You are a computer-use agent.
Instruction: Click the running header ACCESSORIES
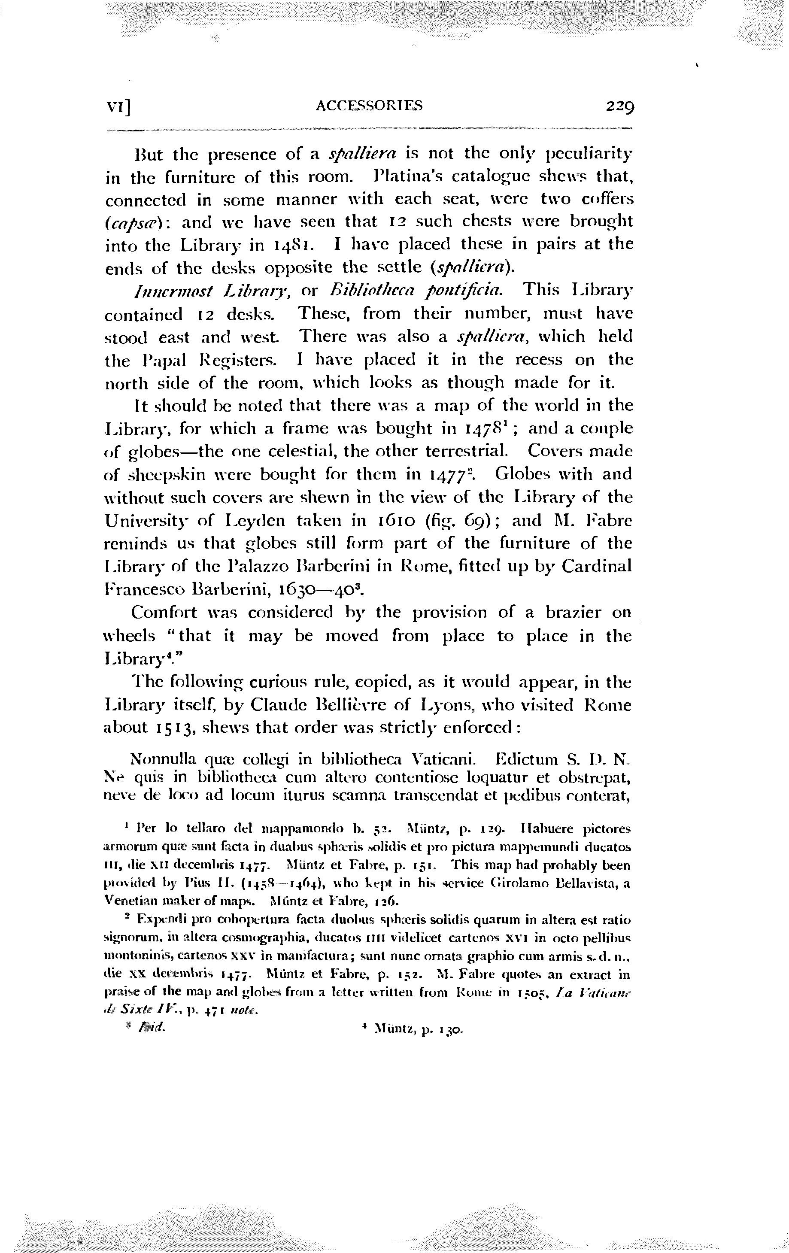369,106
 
